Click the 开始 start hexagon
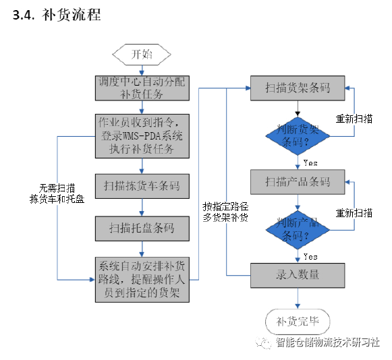point(142,55)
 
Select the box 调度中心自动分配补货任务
point(142,88)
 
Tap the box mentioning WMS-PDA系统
point(142,136)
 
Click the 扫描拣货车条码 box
point(142,186)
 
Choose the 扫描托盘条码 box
point(142,229)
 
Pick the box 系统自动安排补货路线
point(142,280)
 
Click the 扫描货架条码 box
point(298,88)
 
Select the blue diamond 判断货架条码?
point(298,136)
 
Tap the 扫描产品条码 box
point(298,182)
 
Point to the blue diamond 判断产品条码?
point(298,230)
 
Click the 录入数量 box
point(298,275)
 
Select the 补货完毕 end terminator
point(298,322)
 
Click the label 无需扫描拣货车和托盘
point(57,193)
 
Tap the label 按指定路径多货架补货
point(225,212)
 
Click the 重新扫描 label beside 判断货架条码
point(354,119)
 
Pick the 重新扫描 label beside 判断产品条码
point(354,213)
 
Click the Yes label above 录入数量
point(310,257)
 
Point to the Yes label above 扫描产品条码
point(310,163)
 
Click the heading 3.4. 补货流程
point(57,15)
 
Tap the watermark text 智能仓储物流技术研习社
point(328,342)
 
